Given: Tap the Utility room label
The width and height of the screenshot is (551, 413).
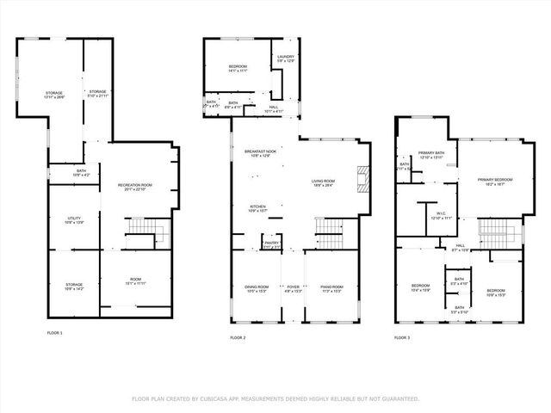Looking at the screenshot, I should [x=73, y=220].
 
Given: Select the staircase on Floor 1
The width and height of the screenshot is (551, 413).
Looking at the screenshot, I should [x=140, y=230].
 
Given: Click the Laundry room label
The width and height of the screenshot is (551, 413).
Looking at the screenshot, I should [x=285, y=59].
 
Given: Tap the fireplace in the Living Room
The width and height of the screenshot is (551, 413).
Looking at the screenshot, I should [x=363, y=178].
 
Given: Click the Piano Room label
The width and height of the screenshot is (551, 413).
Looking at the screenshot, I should [x=332, y=288].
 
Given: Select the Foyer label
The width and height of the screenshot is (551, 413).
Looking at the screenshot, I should [x=294, y=288].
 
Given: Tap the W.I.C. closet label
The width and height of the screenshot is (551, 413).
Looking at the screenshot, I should [x=439, y=216].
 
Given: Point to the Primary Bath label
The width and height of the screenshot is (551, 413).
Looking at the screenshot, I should [x=431, y=155].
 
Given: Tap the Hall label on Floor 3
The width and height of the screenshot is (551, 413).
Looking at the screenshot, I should [x=461, y=247].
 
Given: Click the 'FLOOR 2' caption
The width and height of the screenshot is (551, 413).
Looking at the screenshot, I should [x=237, y=338].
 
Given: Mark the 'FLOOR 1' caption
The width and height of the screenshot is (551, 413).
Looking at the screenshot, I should [x=54, y=332].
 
